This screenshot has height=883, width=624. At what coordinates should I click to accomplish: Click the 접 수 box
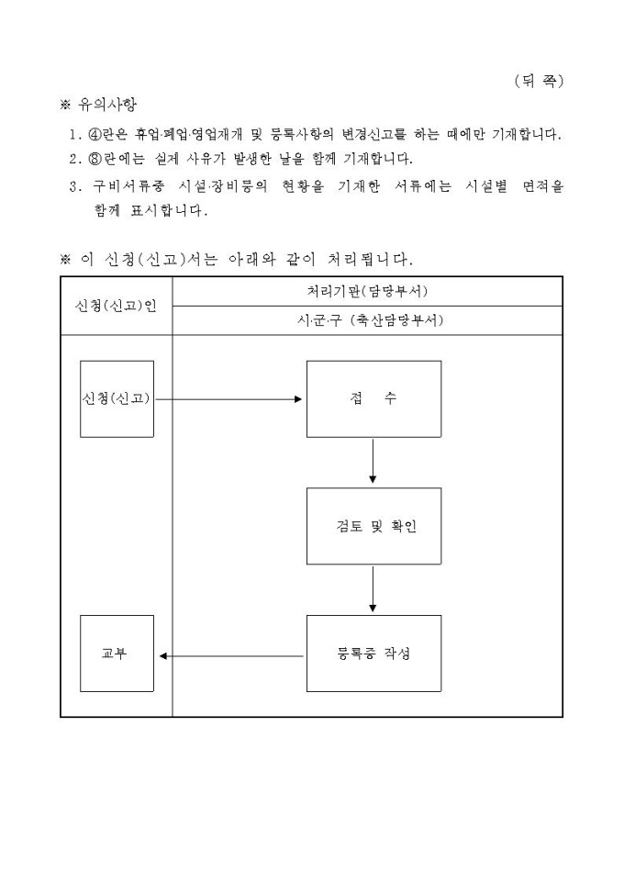pos(373,398)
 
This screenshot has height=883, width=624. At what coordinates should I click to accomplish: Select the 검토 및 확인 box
pos(373,526)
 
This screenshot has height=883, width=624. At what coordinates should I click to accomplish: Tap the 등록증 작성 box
pos(373,654)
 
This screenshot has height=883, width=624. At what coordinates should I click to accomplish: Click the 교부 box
pos(116,654)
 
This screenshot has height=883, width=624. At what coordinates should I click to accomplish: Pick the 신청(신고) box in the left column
pos(116,398)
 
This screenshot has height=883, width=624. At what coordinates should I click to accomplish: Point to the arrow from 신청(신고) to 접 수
pos(229,399)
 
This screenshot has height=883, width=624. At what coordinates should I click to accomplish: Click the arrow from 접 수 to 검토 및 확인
pos(373,461)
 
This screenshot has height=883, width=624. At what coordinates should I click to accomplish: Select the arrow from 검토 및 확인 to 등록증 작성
pos(373,588)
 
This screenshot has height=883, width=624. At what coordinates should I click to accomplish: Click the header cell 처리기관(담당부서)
pos(367,291)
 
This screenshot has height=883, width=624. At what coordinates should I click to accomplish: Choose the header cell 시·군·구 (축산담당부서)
pos(367,320)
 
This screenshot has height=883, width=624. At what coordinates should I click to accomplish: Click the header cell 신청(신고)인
pos(116,306)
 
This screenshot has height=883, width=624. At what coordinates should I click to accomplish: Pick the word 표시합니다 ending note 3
pos(165,210)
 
